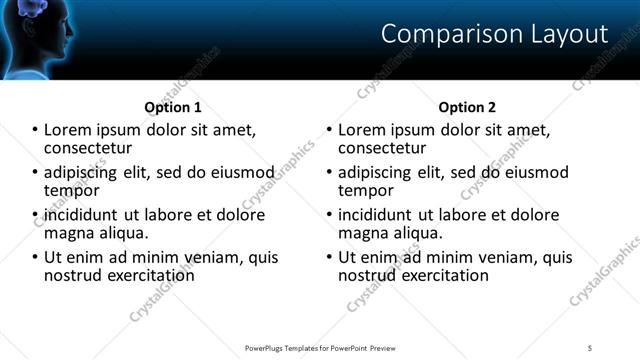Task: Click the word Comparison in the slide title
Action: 441,34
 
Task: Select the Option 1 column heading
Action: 173,107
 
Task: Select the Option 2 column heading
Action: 467,107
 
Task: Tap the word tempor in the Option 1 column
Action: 71,190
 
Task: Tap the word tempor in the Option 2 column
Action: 365,190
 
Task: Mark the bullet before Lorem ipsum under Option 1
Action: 36,130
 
